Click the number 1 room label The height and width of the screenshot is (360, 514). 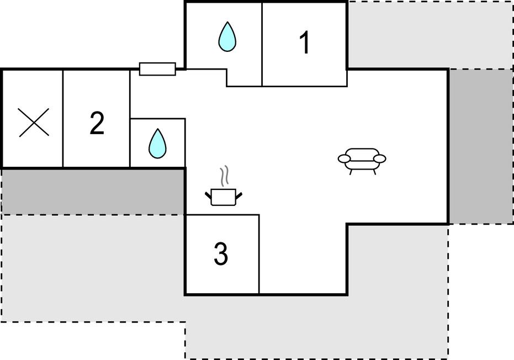pos(305,43)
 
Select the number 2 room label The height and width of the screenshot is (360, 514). pos(97,123)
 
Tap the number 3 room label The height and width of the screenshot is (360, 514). pos(221,254)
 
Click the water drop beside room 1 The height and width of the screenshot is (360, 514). pos(227,37)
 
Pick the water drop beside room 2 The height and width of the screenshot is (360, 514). pos(158,143)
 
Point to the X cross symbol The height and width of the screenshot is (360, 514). pos(34,122)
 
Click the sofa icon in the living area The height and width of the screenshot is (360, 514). pos(362,161)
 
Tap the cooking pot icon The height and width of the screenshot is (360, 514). pos(224,197)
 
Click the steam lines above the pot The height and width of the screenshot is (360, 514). pos(224,176)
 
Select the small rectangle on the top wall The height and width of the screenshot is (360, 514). pos(158,69)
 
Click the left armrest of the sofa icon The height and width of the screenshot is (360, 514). pos(344,158)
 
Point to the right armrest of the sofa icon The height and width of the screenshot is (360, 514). pos(380,158)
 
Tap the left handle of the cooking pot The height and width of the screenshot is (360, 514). pos(208,195)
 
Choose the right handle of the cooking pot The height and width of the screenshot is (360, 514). pos(239,195)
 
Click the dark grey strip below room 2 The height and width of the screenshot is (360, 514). pos(93,192)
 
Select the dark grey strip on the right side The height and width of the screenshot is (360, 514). pos(481,146)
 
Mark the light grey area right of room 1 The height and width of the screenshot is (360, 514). pos(430,35)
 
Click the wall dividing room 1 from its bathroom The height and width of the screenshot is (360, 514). pos(262,44)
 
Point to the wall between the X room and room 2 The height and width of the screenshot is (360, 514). pos(62,118)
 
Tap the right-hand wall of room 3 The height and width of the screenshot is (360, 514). pos(259,254)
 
